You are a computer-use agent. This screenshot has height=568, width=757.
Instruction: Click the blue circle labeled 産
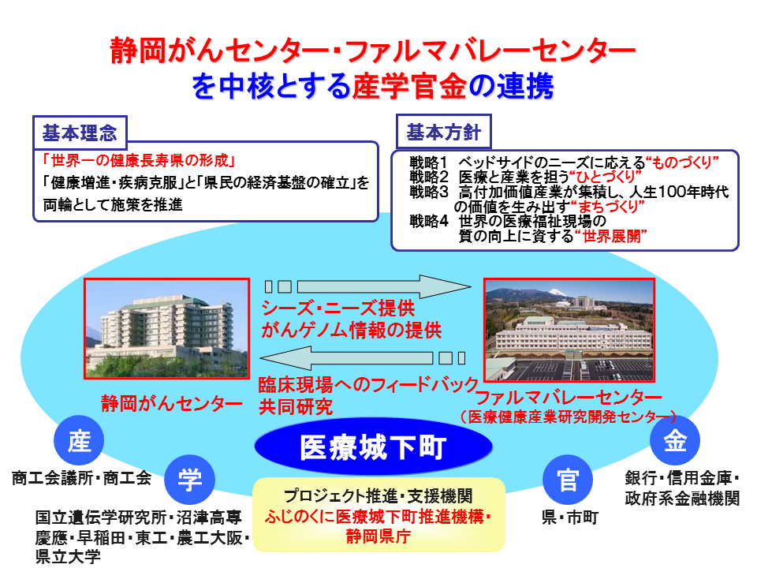(79, 440)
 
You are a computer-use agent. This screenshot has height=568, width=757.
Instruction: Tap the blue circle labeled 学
(189, 480)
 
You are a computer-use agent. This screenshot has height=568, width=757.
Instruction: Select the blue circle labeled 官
(568, 480)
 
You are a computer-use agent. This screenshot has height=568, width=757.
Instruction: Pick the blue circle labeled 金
(675, 440)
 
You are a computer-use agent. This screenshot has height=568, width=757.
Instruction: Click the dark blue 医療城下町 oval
(373, 447)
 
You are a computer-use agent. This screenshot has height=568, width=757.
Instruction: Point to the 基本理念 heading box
(80, 133)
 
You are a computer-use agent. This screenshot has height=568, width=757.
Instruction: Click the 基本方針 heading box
(444, 132)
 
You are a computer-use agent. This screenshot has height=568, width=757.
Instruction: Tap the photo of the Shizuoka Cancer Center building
(167, 328)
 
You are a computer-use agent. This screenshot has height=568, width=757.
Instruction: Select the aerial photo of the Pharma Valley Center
(569, 330)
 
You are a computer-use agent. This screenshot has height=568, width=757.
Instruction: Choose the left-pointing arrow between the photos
(363, 358)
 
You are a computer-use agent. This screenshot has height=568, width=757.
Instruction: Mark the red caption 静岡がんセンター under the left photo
(171, 403)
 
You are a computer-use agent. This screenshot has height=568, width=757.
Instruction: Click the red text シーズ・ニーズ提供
(338, 308)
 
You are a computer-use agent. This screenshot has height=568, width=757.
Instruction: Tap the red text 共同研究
(296, 407)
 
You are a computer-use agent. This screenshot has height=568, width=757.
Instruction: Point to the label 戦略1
(429, 163)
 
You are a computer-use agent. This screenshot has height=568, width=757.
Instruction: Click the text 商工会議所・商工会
(81, 478)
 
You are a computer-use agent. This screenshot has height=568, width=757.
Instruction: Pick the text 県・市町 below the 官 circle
(570, 518)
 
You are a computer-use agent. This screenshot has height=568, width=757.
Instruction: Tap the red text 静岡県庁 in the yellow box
(378, 536)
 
